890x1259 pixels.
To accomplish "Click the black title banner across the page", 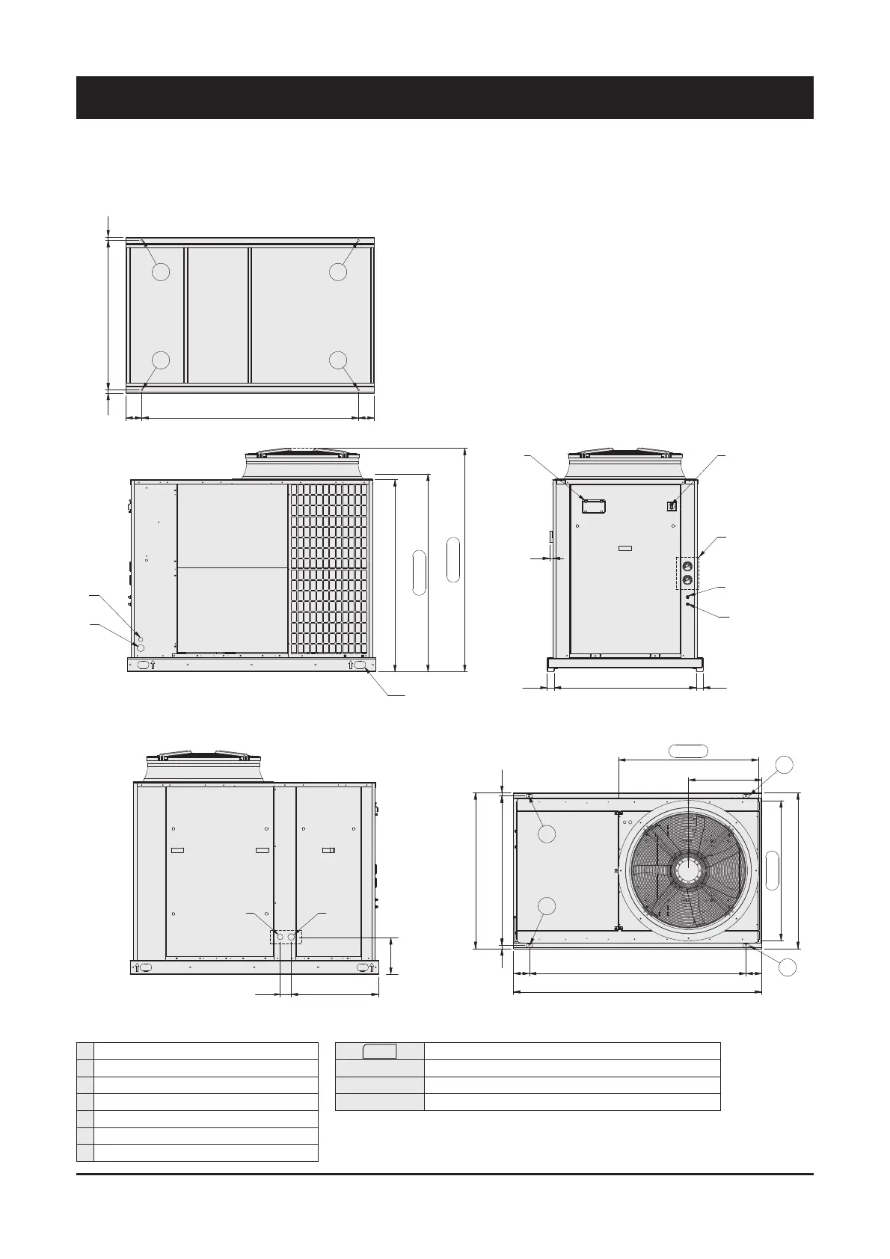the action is pyautogui.click(x=444, y=97).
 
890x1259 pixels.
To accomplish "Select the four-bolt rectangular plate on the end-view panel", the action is pyautogui.click(x=593, y=505).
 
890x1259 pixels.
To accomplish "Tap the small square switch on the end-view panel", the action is pyautogui.click(x=672, y=505).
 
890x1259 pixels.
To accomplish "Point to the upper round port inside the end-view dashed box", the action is pyautogui.click(x=687, y=567).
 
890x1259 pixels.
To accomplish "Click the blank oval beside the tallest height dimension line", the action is pyautogui.click(x=453, y=558).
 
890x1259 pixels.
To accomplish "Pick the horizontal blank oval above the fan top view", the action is pyautogui.click(x=687, y=750).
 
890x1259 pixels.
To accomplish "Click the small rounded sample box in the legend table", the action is pyautogui.click(x=379, y=1050).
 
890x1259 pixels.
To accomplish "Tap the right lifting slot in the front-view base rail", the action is pyautogui.click(x=360, y=665).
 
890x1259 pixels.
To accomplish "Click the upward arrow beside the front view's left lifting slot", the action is pyautogui.click(x=153, y=665).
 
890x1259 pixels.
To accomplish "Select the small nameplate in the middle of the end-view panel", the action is pyautogui.click(x=624, y=549).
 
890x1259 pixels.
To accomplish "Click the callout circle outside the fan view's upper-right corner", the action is pyautogui.click(x=784, y=765).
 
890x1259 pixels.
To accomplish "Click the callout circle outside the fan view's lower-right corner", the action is pyautogui.click(x=785, y=967).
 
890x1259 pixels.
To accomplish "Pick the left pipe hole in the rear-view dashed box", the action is pyautogui.click(x=280, y=936).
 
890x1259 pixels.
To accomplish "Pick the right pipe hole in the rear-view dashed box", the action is pyautogui.click(x=291, y=936).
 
